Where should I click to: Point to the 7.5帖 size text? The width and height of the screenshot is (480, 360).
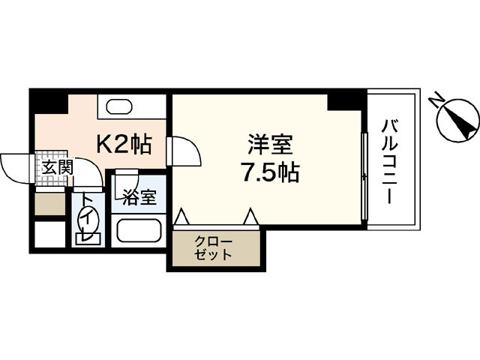269,174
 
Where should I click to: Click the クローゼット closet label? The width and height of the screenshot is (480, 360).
214,247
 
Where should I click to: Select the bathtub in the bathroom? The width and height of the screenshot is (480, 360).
140,231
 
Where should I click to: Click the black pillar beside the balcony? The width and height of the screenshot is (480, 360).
346,98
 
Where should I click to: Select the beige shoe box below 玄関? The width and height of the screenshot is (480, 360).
50,204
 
